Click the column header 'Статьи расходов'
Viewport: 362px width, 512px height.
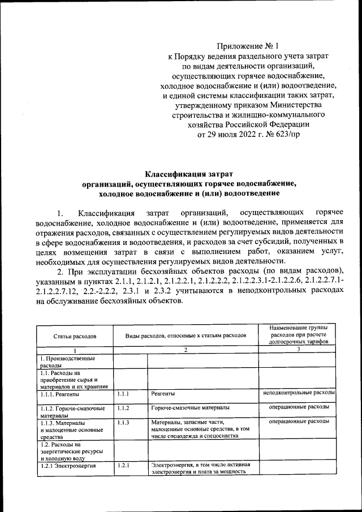click(75, 336)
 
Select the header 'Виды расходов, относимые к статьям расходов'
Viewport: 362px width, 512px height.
click(186, 335)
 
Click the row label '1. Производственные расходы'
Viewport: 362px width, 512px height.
click(67, 362)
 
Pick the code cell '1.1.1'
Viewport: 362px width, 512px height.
click(124, 393)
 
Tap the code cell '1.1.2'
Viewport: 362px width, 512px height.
click(124, 407)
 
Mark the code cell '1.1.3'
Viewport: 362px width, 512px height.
click(124, 422)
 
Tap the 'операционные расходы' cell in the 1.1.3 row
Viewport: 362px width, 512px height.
click(299, 421)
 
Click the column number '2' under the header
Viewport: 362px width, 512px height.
click(186, 350)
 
